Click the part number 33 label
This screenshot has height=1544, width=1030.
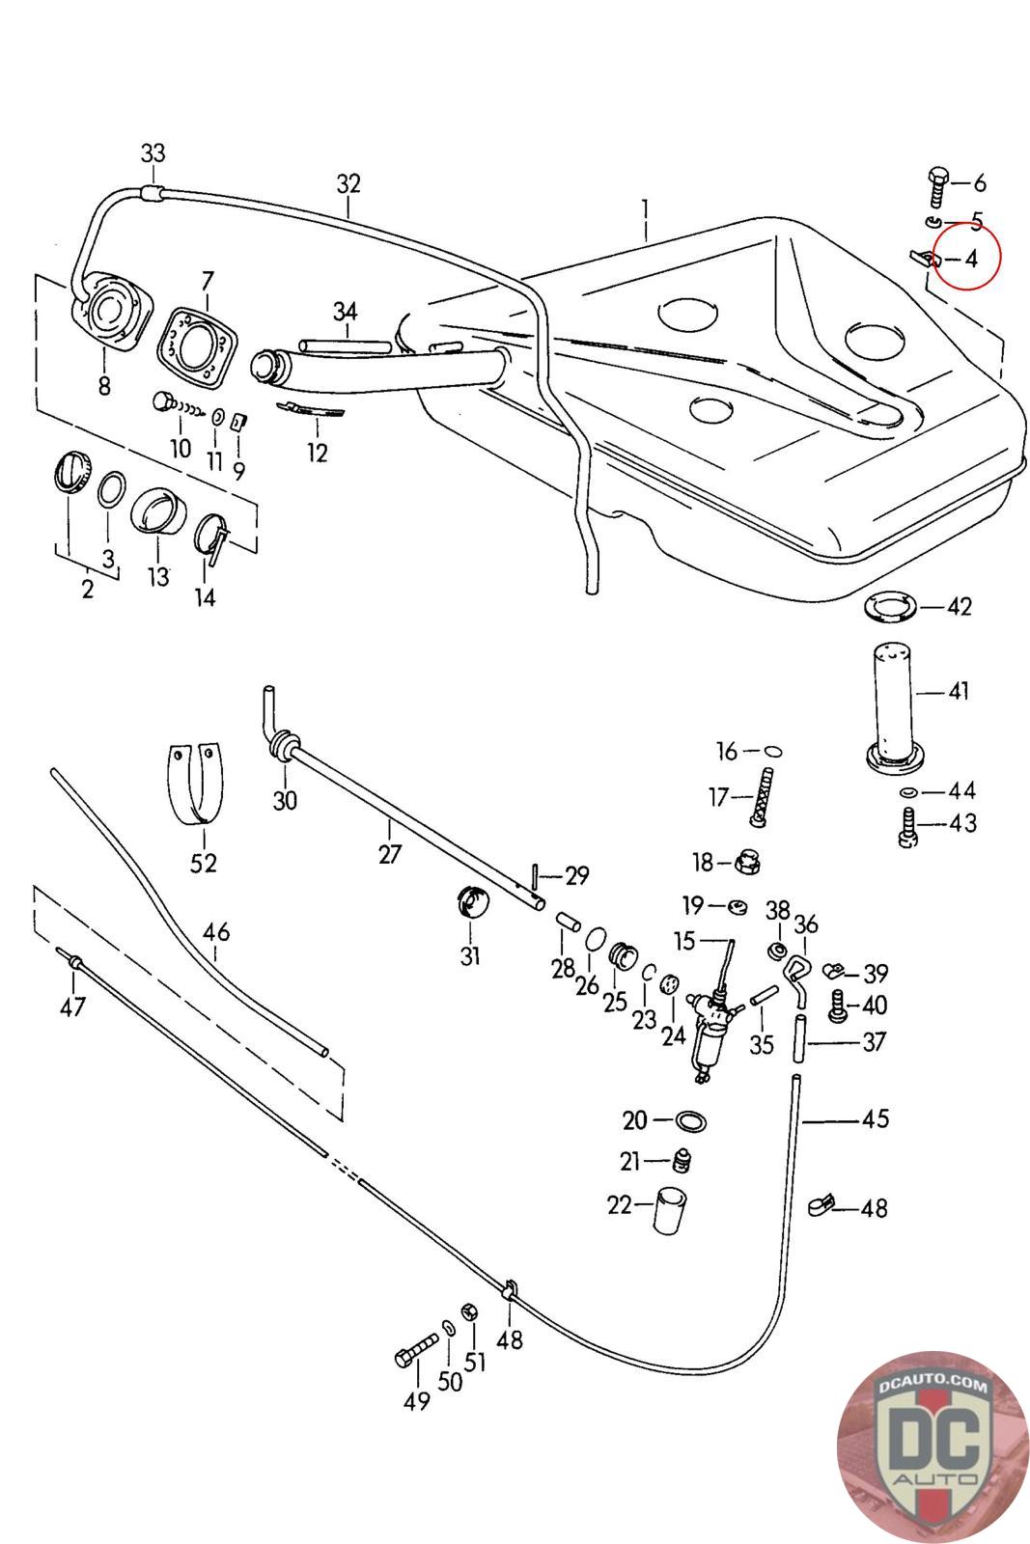click(x=153, y=152)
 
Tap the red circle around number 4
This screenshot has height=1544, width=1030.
click(x=968, y=254)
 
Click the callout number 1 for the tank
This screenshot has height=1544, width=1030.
click(x=645, y=207)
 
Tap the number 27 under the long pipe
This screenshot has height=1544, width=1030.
click(x=389, y=854)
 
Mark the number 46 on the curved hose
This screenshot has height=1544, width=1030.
click(x=217, y=932)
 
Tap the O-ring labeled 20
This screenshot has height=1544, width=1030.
click(x=691, y=1120)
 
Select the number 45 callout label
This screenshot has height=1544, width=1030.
click(x=875, y=1119)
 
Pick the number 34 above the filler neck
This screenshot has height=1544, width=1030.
click(x=345, y=311)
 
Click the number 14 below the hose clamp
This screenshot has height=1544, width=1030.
click(x=205, y=597)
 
